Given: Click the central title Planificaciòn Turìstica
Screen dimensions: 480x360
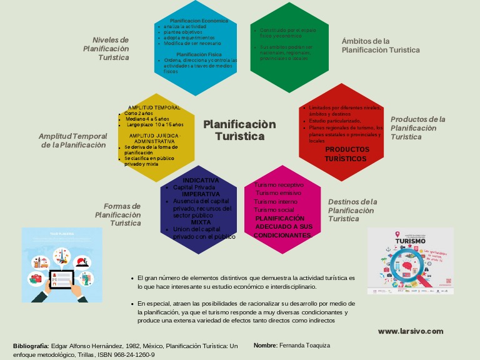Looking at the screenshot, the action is [239, 130].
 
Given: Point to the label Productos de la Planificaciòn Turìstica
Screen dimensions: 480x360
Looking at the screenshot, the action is [417, 127].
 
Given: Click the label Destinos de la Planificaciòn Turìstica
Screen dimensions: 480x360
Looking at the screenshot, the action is [352, 210].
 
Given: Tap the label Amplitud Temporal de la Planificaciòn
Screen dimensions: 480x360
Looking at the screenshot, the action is [72, 140].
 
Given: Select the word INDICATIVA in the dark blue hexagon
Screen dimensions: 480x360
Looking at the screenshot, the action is [201, 181].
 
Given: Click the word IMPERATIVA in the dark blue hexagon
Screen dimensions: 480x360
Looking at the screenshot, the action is [201, 194].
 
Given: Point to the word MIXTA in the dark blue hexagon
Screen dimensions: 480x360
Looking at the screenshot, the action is [201, 222].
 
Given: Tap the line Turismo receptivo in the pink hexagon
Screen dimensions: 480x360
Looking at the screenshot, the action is [279, 185].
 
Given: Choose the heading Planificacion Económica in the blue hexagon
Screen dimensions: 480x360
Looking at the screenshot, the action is [199, 21].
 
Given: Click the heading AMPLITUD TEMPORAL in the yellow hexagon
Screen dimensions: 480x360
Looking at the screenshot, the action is [154, 107].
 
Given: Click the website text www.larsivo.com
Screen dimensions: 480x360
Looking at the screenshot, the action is [411, 331].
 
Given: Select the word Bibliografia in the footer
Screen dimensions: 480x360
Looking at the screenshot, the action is [31, 346].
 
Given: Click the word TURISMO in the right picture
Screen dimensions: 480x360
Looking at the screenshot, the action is [411, 241].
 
